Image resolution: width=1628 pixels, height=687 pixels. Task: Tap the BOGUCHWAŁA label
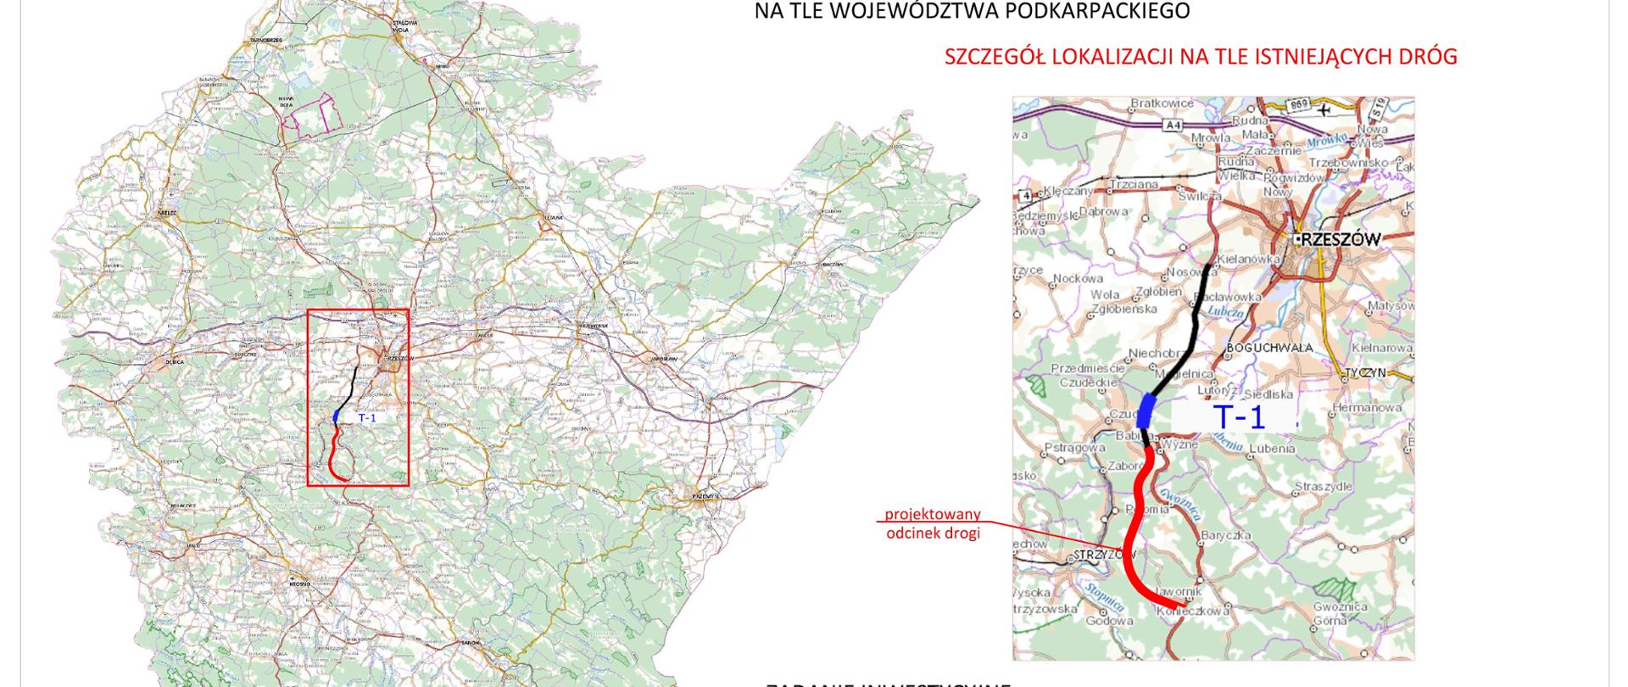click(1269, 348)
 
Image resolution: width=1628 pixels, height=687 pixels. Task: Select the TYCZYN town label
click(1364, 372)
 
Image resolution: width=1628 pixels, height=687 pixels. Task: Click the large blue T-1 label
click(1239, 417)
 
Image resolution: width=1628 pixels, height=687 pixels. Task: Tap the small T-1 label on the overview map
click(366, 418)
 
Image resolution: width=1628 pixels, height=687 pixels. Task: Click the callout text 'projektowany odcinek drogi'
click(933, 524)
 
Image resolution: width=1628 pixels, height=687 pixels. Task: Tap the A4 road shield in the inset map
click(1173, 126)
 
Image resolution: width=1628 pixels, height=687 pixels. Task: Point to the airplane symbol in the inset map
click(1324, 109)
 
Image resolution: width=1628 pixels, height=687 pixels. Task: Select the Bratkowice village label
click(1162, 103)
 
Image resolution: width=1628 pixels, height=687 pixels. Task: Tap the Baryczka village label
click(1226, 536)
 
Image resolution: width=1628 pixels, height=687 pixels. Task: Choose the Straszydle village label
click(1323, 487)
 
